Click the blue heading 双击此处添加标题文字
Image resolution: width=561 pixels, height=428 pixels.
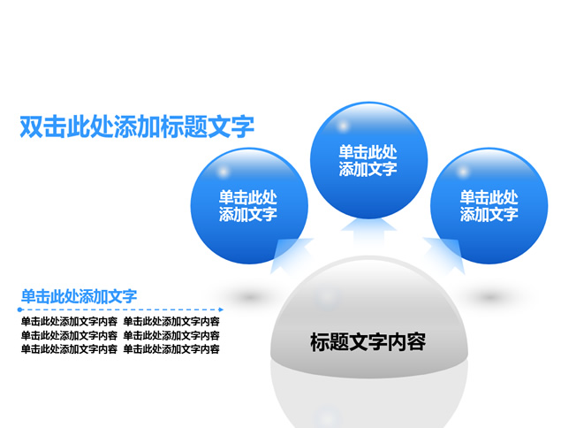137,126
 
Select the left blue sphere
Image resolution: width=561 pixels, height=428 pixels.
249,206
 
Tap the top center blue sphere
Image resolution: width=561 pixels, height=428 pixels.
368,160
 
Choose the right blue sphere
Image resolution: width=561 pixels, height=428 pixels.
489,206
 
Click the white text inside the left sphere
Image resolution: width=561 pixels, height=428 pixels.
248,206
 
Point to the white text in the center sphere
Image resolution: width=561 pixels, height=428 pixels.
368,160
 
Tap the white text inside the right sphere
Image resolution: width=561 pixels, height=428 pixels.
489,206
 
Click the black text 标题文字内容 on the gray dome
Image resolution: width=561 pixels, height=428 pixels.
368,342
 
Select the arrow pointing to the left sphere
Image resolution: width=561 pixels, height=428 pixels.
291,255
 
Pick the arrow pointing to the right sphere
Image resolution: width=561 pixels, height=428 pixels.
446,255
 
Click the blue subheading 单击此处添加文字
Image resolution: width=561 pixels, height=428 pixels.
79,296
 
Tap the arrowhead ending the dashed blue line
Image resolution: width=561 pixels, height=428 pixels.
221,310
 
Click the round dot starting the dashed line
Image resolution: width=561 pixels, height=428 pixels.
19,310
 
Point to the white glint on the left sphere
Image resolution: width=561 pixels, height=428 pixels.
224,172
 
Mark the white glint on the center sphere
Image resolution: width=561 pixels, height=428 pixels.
343,126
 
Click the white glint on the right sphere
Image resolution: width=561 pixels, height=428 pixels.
463,172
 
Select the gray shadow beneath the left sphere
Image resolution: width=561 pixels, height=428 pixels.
249,297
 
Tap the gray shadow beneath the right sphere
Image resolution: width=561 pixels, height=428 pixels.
489,297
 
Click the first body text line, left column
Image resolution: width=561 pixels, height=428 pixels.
69,321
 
